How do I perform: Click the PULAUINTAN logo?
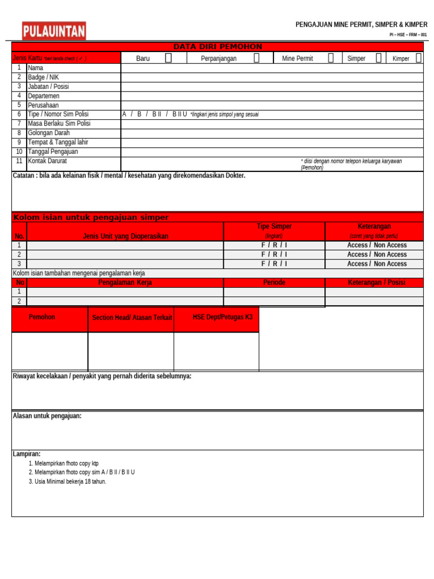(x=54, y=31)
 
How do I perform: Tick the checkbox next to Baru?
(x=168, y=58)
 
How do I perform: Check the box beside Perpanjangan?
(x=257, y=58)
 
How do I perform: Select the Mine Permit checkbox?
(x=331, y=58)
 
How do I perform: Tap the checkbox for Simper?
(x=379, y=58)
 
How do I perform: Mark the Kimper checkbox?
(x=418, y=58)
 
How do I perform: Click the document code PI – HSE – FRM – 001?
(x=408, y=35)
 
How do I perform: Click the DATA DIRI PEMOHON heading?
(x=217, y=47)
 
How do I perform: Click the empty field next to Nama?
(x=271, y=68)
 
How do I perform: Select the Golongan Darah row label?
(x=49, y=133)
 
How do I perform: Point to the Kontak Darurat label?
(x=47, y=161)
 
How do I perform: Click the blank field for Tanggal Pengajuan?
(x=271, y=152)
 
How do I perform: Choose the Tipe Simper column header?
(x=274, y=227)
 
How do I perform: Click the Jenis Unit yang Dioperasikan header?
(x=125, y=236)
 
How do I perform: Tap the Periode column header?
(x=274, y=282)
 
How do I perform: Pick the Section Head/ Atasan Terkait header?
(x=132, y=318)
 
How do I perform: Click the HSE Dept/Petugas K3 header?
(x=223, y=317)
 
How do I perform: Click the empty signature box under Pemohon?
(x=50, y=352)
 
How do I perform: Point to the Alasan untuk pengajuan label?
(x=47, y=416)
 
